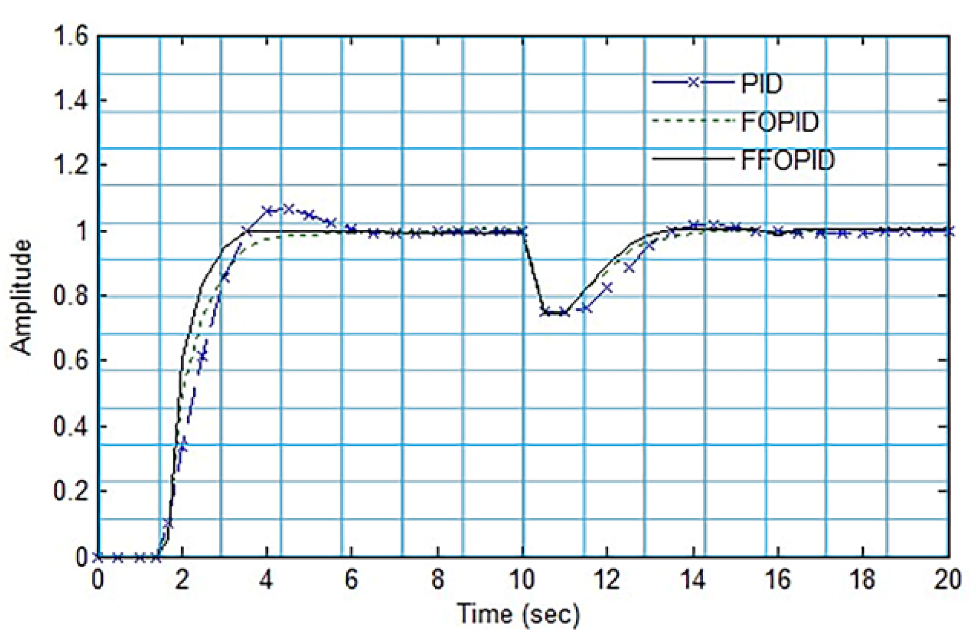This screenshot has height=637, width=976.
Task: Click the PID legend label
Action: pyautogui.click(x=761, y=83)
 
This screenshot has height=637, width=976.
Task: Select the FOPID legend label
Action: pyautogui.click(x=780, y=122)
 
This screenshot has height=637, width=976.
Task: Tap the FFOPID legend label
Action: pyautogui.click(x=788, y=161)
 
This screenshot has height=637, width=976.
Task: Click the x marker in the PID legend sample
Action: pyautogui.click(x=693, y=82)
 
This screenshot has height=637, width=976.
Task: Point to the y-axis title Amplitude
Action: pyautogui.click(x=21, y=297)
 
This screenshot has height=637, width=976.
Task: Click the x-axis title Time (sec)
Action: pyautogui.click(x=518, y=614)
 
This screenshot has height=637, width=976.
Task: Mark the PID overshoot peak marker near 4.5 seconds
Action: pyautogui.click(x=288, y=209)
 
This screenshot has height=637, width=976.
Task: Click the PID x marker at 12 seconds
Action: pyautogui.click(x=607, y=288)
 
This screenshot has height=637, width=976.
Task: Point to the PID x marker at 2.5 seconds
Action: pyautogui.click(x=203, y=356)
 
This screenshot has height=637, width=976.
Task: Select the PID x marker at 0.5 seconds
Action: pyautogui.click(x=118, y=557)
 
